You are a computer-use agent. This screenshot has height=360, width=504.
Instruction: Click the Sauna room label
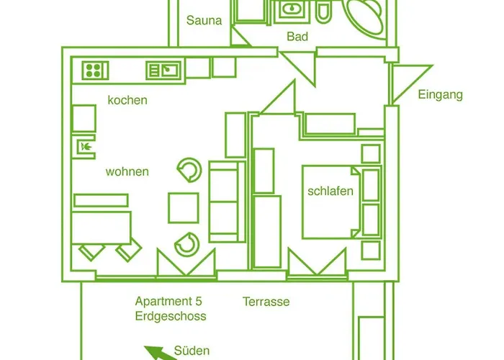pyautogui.click(x=204, y=20)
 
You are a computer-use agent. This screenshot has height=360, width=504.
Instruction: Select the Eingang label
pyautogui.click(x=440, y=94)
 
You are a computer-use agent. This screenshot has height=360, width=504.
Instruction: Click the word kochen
pyautogui.click(x=127, y=100)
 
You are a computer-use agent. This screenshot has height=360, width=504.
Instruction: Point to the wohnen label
pyautogui.click(x=127, y=171)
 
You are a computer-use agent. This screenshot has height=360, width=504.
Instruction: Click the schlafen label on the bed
pyautogui.click(x=330, y=191)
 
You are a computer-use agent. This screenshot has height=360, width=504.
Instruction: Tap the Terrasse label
pyautogui.click(x=266, y=301)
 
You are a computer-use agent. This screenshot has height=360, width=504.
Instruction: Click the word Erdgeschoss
pyautogui.click(x=170, y=316)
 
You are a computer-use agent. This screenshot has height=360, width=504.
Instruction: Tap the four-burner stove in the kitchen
pyautogui.click(x=93, y=70)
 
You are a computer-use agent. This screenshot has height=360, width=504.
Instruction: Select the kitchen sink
pyautogui.click(x=163, y=70)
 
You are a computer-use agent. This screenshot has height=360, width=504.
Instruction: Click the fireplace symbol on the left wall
pyautogui.click(x=86, y=148)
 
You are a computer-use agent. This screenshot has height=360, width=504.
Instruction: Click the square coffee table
pyautogui.click(x=184, y=207)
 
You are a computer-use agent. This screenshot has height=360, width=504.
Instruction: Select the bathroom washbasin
pyautogui.click(x=292, y=10)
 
